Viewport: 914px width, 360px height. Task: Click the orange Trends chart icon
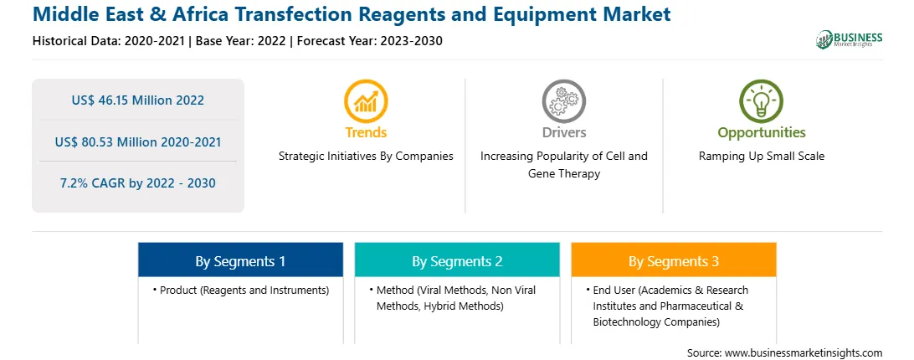point(366,101)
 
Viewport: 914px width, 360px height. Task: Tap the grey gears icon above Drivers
point(563,101)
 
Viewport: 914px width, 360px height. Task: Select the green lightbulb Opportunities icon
point(762,101)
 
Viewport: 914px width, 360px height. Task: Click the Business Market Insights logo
point(850,39)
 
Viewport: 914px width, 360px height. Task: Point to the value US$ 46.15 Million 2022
point(138,100)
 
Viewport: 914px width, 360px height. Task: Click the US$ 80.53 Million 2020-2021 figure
point(138,141)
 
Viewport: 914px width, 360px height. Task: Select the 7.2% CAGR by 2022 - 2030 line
point(138,183)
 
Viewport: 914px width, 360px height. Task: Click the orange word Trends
point(366,132)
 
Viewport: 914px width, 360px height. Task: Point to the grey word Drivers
point(563,132)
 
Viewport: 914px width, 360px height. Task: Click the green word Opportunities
point(762,132)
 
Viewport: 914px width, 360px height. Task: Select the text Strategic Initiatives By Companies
point(366,157)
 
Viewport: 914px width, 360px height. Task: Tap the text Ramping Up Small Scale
point(762,157)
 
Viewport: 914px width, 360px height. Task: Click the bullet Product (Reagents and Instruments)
point(241,290)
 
